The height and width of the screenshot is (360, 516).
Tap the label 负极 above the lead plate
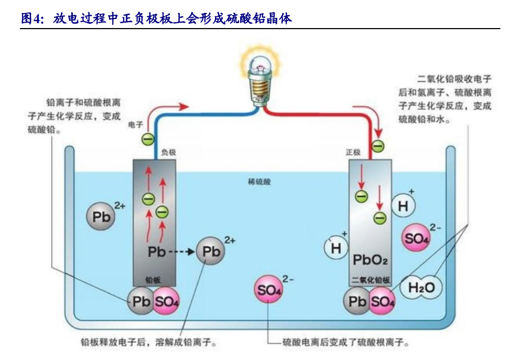click(169, 153)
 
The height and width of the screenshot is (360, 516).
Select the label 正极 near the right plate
click(353, 153)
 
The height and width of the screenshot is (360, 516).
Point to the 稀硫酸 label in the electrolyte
click(260, 182)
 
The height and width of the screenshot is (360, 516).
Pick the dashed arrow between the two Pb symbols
click(181, 252)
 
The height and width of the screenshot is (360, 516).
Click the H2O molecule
click(422, 288)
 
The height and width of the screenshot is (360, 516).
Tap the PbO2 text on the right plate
click(370, 260)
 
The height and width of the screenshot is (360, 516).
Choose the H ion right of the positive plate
click(403, 206)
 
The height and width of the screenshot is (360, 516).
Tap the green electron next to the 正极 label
click(378, 146)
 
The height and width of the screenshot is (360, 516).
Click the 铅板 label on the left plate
click(153, 280)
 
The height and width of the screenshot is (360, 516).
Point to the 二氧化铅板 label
click(370, 280)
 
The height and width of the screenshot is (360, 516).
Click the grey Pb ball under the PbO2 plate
click(357, 302)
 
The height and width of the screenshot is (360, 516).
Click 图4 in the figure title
click(30, 19)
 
